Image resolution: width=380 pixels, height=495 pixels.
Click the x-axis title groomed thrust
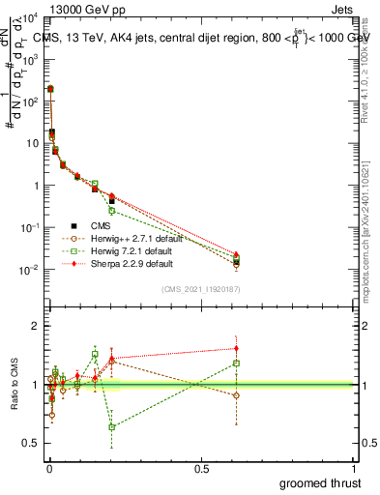(321, 481)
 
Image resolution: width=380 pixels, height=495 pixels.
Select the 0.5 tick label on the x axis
(201, 468)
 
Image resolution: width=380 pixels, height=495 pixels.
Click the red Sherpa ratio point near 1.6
(236, 348)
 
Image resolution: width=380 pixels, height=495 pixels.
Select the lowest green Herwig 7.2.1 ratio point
(112, 426)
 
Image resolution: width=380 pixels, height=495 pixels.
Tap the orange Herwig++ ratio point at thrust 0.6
(236, 395)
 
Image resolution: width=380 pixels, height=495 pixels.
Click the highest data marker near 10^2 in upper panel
(50, 89)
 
